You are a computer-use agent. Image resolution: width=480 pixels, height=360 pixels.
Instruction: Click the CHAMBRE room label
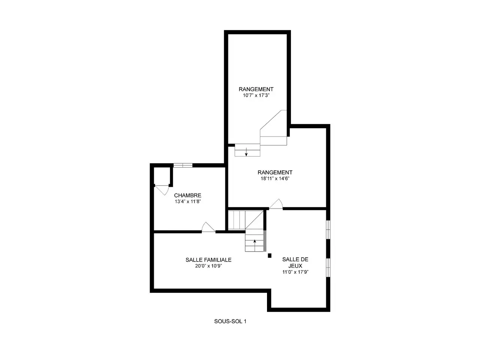187,195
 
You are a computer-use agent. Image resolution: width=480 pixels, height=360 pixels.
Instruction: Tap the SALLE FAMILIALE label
208,259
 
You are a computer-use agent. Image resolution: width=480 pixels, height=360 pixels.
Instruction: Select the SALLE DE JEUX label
295,262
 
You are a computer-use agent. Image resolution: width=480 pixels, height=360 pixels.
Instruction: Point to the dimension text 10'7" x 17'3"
256,95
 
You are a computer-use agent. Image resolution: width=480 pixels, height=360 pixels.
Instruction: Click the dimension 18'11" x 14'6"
275,178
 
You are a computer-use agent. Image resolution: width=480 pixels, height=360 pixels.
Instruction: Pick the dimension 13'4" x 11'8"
187,201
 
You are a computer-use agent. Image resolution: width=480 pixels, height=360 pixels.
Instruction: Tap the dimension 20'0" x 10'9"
208,266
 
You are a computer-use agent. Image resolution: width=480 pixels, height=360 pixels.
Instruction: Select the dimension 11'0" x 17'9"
295,272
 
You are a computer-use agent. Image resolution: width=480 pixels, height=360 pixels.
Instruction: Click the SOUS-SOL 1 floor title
230,321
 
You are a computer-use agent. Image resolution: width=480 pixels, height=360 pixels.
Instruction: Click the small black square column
270,255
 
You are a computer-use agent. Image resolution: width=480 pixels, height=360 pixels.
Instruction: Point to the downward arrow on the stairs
246,152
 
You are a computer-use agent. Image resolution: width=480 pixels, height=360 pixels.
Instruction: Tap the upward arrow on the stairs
255,246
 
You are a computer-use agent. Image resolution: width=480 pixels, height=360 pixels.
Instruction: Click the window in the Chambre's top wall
183,165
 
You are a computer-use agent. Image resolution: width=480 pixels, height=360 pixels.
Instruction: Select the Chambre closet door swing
162,190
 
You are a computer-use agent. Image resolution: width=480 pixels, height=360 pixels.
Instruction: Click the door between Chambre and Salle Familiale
208,227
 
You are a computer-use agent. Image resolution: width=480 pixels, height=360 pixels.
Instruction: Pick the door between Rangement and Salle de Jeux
276,204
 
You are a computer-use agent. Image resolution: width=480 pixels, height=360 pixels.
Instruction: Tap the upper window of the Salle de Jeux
328,229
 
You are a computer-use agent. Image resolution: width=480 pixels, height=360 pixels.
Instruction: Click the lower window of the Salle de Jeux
328,268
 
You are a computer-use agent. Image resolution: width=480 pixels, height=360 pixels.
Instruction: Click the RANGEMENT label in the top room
256,89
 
